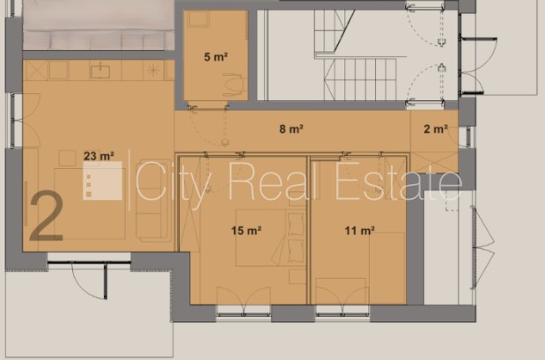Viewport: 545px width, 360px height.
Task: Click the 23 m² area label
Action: pyautogui.click(x=99, y=156)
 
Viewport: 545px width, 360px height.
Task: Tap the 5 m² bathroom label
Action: pyautogui.click(x=216, y=56)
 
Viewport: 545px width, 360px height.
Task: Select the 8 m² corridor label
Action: pyautogui.click(x=291, y=129)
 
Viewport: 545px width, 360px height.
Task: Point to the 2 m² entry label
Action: pyautogui.click(x=436, y=129)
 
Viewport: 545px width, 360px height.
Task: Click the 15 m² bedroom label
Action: pyautogui.click(x=247, y=231)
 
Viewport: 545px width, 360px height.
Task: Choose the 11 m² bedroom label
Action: pyautogui.click(x=360, y=231)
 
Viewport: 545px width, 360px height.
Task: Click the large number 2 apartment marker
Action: pyautogui.click(x=47, y=217)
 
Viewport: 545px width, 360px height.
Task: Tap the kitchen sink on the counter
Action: pyautogui.click(x=100, y=70)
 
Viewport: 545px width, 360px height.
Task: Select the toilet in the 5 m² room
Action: pyautogui.click(x=232, y=84)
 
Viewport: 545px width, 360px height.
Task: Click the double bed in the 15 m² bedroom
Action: pyautogui.click(x=271, y=238)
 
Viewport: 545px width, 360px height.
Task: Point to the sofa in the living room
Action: pyautogui.click(x=153, y=201)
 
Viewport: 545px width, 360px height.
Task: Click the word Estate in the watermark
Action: pyautogui.click(x=399, y=181)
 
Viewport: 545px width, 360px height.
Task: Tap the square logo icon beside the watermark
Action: pyautogui.click(x=102, y=180)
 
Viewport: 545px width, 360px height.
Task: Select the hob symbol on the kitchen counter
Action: pyautogui.click(x=153, y=70)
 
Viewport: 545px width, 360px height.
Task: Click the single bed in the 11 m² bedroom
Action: pyautogui.click(x=387, y=268)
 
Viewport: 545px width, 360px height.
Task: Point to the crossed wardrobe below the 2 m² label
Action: pyautogui.click(x=434, y=162)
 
